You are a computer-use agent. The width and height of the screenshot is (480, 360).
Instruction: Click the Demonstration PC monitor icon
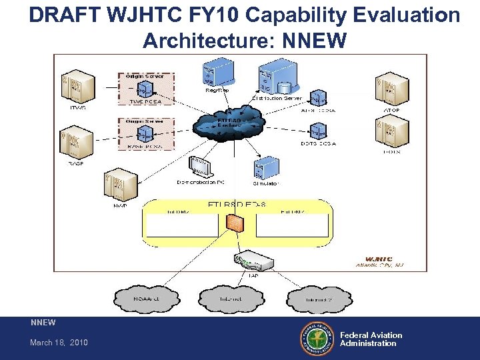pyautogui.click(x=199, y=165)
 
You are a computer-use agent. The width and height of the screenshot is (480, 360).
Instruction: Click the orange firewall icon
pyautogui.click(x=235, y=224)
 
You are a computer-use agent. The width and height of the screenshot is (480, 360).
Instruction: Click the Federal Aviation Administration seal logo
pyautogui.click(x=317, y=339)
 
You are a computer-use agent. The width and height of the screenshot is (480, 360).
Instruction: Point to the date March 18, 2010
pyautogui.click(x=59, y=343)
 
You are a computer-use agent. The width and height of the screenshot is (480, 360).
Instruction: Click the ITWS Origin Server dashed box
pyautogui.click(x=145, y=88)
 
